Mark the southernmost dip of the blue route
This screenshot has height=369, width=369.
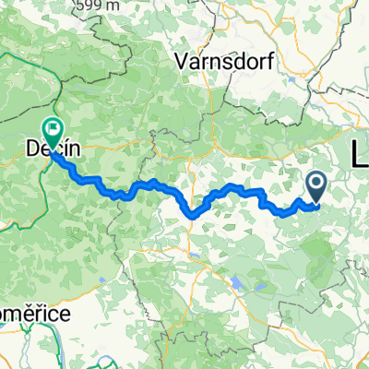pyautogui.click(x=193, y=216)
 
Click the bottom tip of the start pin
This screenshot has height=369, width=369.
pyautogui.click(x=315, y=202)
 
